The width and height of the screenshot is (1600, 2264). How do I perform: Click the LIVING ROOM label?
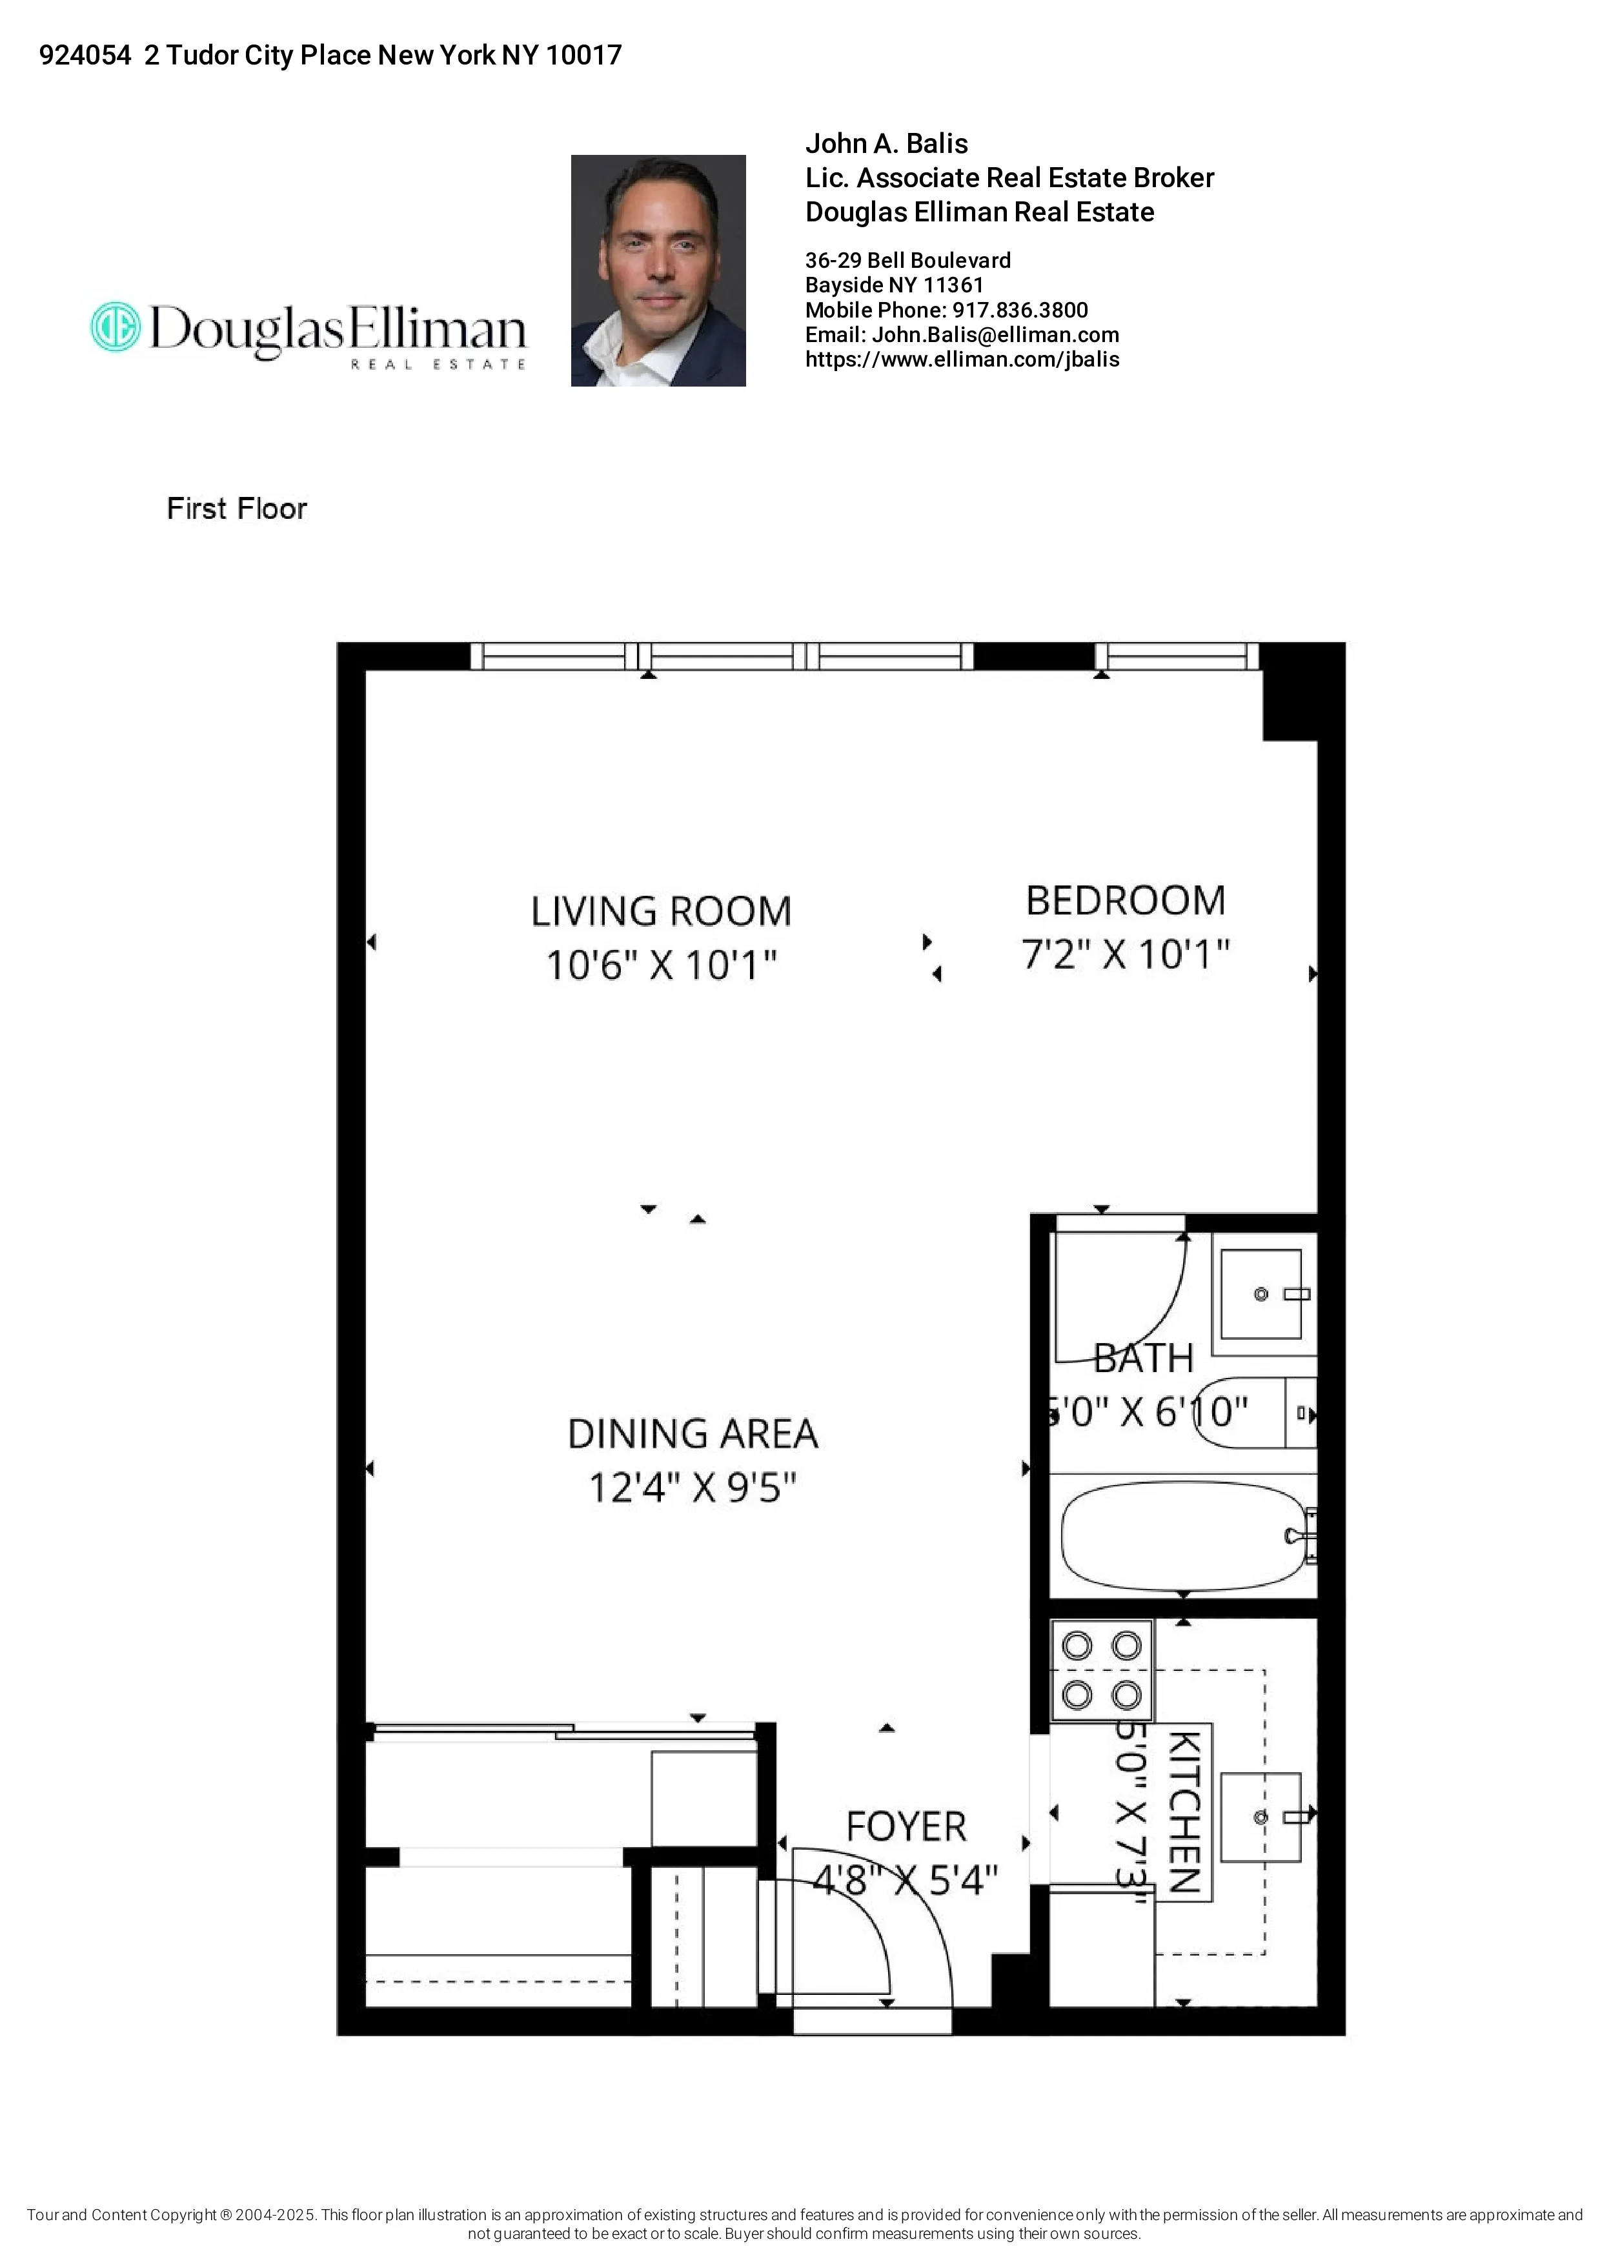pos(660,911)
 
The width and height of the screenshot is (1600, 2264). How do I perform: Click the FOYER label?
pos(906,1827)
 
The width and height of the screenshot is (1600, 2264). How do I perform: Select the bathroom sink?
pos(1262,1294)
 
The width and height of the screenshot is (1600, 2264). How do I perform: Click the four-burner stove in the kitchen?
pos(1101,1670)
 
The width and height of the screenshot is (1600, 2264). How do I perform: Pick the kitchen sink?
pos(1261,1816)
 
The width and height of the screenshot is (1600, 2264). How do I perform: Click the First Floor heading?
pos(237,509)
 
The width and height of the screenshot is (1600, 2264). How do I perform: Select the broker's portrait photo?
pos(658,270)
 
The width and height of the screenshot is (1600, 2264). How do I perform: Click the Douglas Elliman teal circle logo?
pos(116,327)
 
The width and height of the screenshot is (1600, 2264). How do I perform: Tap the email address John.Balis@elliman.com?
pos(995,335)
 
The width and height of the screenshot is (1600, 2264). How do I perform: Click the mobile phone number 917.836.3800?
pos(1019,310)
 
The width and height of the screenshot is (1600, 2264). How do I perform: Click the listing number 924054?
pos(85,56)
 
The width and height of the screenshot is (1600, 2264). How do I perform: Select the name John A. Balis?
pos(886,144)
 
